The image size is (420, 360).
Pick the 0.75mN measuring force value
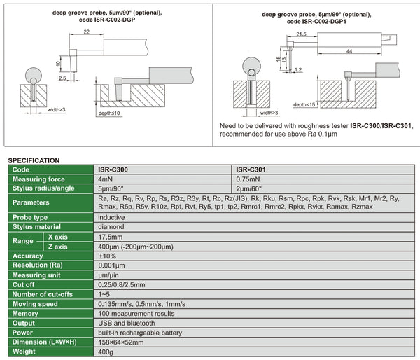[248, 179]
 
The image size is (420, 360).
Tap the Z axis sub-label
[58, 247]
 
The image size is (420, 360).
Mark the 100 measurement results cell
[136, 314]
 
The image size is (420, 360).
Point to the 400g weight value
[106, 352]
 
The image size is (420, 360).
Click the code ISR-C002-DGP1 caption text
[318, 21]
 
